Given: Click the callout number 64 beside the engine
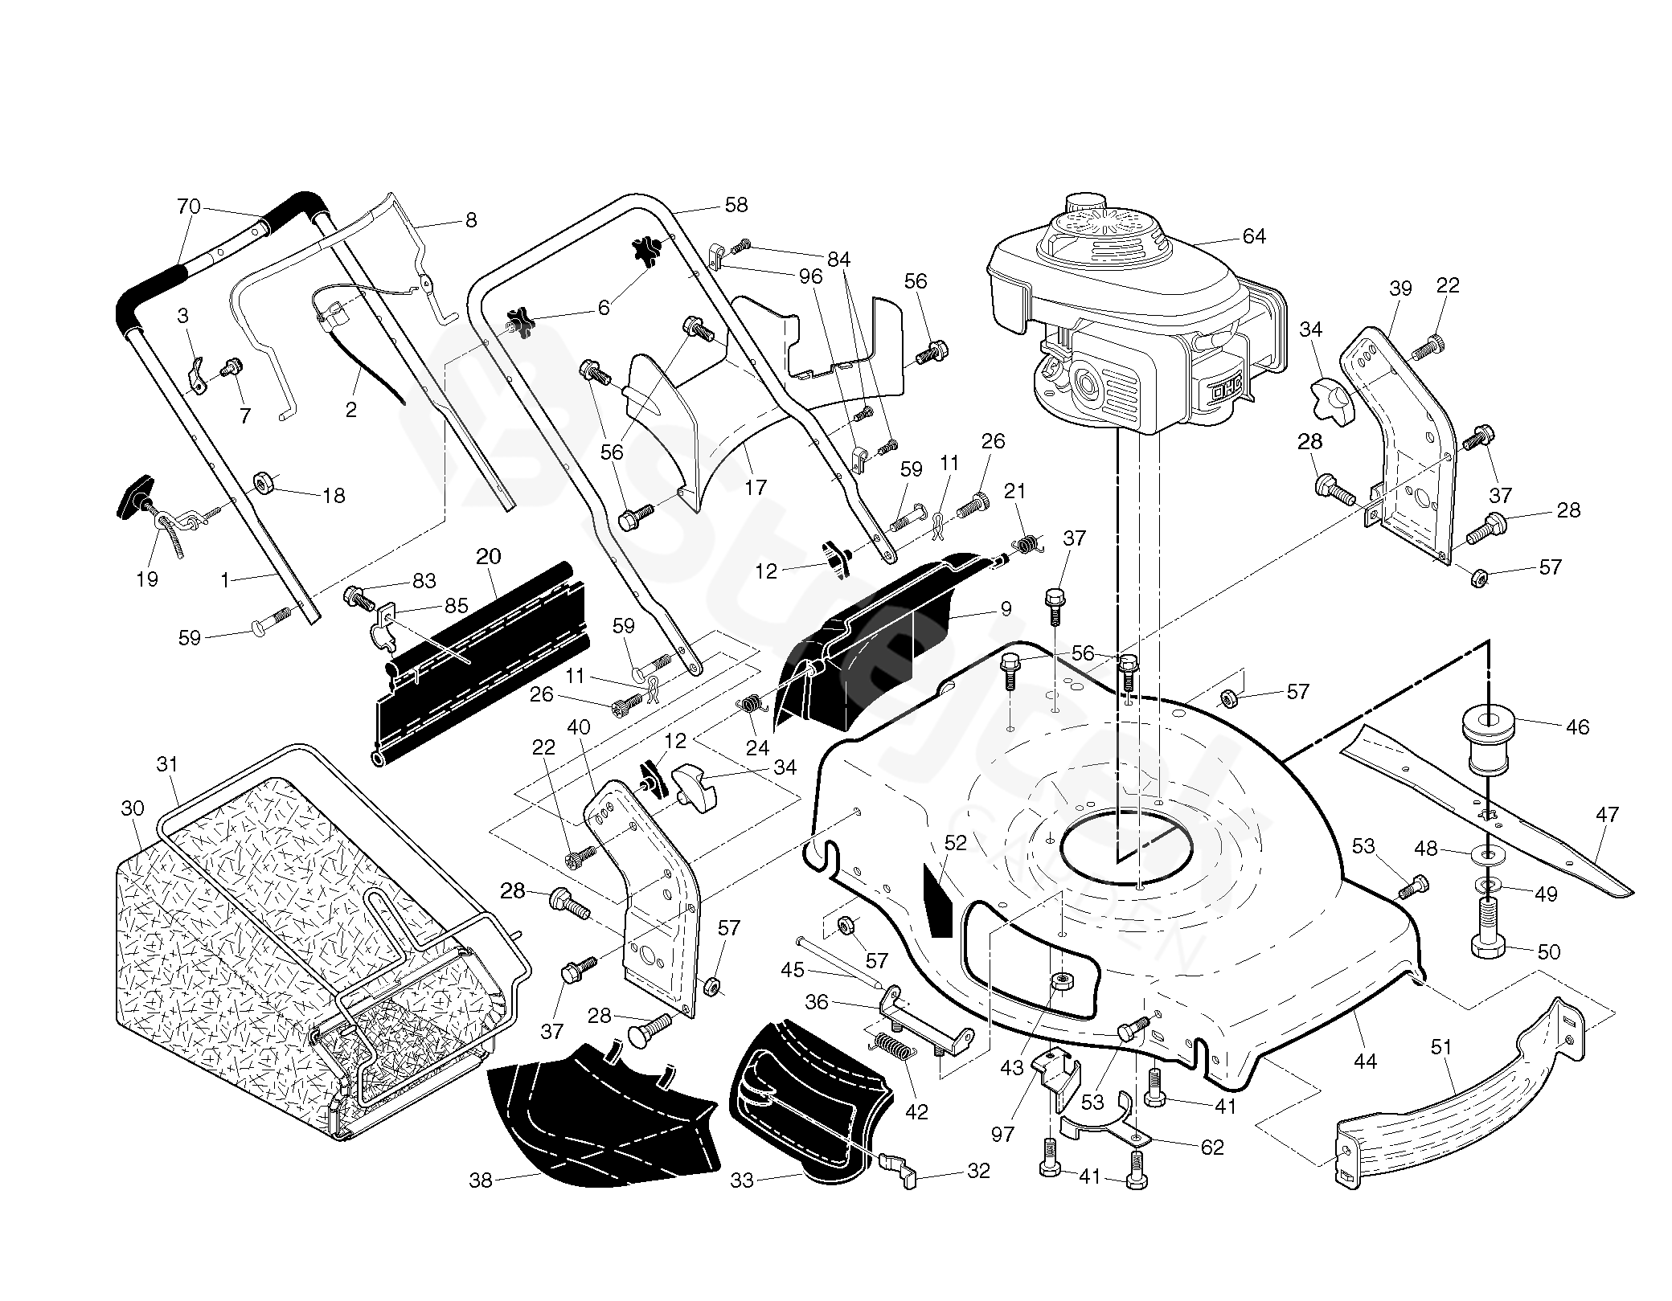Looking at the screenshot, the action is (x=1254, y=235).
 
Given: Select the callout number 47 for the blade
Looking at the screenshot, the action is (x=1607, y=814).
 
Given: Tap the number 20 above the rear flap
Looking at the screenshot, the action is (x=488, y=556).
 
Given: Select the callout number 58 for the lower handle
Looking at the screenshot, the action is (x=736, y=204).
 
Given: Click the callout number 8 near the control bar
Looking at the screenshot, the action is (x=471, y=219).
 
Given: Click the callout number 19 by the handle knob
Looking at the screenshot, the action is (x=147, y=579).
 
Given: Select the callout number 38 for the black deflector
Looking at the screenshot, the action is (x=481, y=1180).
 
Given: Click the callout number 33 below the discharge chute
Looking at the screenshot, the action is (x=742, y=1180).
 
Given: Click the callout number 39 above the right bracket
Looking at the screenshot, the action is (x=1400, y=288).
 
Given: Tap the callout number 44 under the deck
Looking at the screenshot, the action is (x=1365, y=1062).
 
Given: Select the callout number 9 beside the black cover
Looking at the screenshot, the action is (x=1006, y=608).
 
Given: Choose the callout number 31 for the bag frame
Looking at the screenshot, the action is (x=166, y=763).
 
